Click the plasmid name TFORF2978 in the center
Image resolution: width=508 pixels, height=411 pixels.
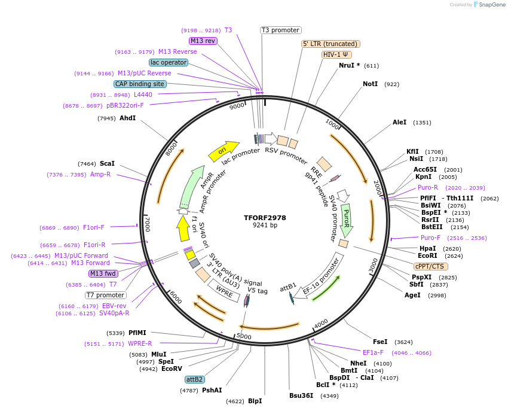[x=265, y=218]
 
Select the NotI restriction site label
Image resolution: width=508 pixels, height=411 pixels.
[x=371, y=84]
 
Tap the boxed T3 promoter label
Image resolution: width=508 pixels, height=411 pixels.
[x=280, y=30]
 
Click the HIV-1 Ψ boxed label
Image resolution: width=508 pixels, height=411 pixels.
[x=336, y=54]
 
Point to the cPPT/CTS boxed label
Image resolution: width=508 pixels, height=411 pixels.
[x=429, y=266]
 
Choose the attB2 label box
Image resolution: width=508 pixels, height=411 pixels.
[x=194, y=379]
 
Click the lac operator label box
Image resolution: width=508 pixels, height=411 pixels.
[x=168, y=62]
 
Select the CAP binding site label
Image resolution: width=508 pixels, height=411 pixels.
[x=139, y=84]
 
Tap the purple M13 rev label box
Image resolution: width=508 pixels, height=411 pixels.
[x=203, y=41]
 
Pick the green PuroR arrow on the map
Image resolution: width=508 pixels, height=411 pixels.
[x=347, y=220]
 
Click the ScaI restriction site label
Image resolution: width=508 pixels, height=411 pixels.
[x=108, y=163]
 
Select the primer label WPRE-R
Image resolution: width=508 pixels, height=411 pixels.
[x=140, y=344]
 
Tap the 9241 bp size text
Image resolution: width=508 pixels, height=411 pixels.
[x=265, y=226]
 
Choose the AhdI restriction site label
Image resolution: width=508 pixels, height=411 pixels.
[x=127, y=118]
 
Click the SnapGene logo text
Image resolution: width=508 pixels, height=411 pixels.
[x=491, y=5]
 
